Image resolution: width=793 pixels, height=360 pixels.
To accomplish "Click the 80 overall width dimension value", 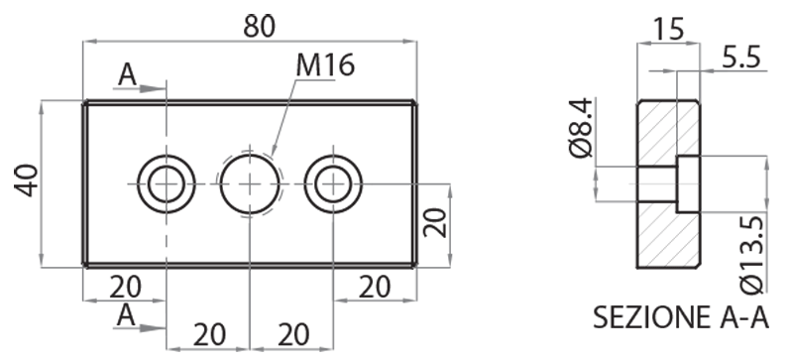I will coord(259,26).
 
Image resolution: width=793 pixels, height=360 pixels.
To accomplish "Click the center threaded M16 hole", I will coord(251,183).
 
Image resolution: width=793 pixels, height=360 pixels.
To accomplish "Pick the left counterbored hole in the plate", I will coord(166,183).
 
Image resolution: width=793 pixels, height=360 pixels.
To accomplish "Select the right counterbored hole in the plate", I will coord(334,183).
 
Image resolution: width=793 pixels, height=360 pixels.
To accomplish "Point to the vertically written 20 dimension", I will coord(436,223).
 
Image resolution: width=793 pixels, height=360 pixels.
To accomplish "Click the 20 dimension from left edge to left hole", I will coord(125,287).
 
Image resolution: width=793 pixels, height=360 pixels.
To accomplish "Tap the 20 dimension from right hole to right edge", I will coord(374,287).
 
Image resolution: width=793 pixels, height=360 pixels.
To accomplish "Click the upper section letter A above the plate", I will coord(126,73).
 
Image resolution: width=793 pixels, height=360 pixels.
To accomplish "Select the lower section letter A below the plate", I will coord(126,315).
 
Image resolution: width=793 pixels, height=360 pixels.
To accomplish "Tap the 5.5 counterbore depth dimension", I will coord(740,59).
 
